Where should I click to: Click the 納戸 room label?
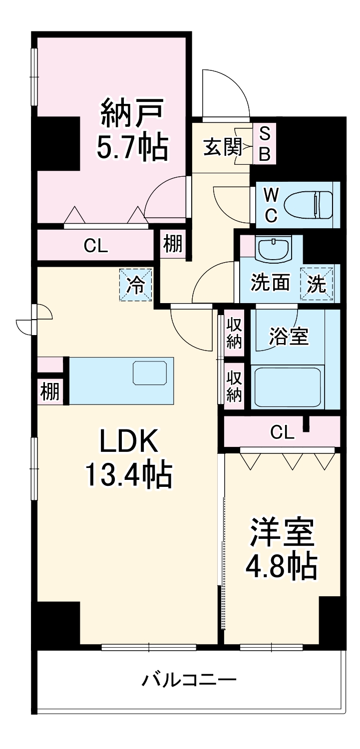132,113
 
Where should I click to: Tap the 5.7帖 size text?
132,147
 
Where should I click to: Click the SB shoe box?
265,144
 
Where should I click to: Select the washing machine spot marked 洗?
316,285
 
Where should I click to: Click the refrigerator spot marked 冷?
135,285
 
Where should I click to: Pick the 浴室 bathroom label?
288,337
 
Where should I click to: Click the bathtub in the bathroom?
287,387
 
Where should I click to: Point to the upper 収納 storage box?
234,334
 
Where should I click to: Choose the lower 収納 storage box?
234,386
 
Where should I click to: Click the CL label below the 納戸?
96,246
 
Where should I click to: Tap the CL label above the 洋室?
283,432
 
